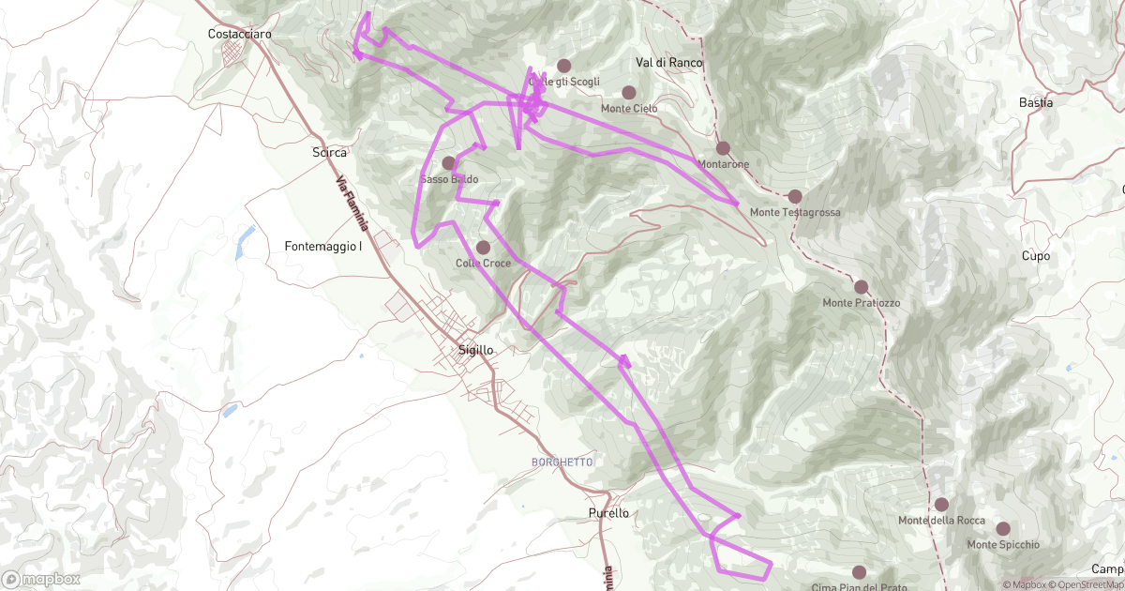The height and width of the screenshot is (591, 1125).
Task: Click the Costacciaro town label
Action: click(x=240, y=34)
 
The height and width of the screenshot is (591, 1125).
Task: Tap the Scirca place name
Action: click(x=329, y=151)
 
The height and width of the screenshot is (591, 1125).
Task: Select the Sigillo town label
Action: click(x=475, y=349)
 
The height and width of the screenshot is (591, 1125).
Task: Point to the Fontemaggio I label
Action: click(x=323, y=247)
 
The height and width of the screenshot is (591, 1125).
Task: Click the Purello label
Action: click(x=608, y=513)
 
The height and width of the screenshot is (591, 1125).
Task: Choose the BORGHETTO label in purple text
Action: click(x=562, y=462)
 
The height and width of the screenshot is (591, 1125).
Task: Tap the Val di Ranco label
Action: click(x=668, y=62)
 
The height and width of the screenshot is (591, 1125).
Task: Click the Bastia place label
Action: click(x=1036, y=102)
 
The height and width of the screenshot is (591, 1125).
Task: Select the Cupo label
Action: click(x=1036, y=255)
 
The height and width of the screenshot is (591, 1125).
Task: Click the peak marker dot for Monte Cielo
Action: click(x=629, y=93)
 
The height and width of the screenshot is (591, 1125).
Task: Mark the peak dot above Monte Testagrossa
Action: click(x=795, y=196)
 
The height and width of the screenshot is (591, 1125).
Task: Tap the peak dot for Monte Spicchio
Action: click(x=1003, y=529)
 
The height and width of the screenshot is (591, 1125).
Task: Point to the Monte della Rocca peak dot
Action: click(x=941, y=505)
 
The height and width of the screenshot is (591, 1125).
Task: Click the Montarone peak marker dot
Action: click(x=723, y=148)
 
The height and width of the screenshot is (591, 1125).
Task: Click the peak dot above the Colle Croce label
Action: click(x=484, y=248)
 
